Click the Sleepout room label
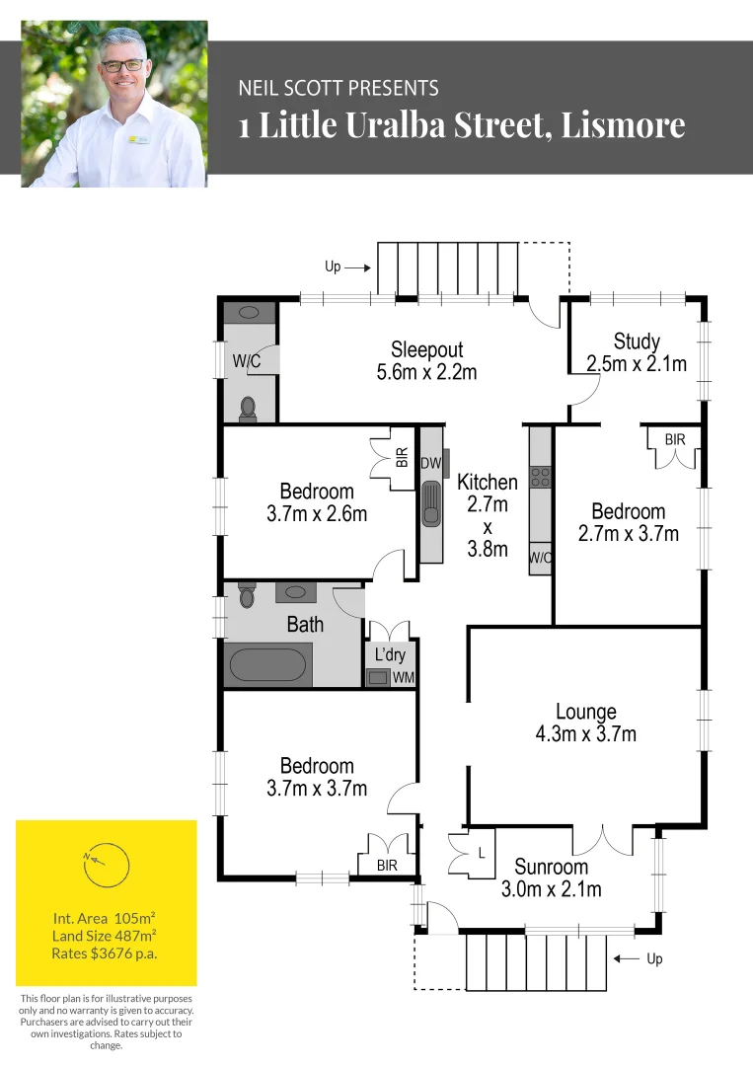426,349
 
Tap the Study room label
637,342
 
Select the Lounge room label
586,712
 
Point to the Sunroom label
551,868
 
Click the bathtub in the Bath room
270,663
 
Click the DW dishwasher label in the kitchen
430,464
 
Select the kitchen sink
430,505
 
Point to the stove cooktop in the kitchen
540,478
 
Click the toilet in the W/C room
248,406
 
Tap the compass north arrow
95,858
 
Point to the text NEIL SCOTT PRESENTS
339,89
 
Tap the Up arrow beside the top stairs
359,266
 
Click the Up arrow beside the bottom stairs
625,958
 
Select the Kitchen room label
488,483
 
